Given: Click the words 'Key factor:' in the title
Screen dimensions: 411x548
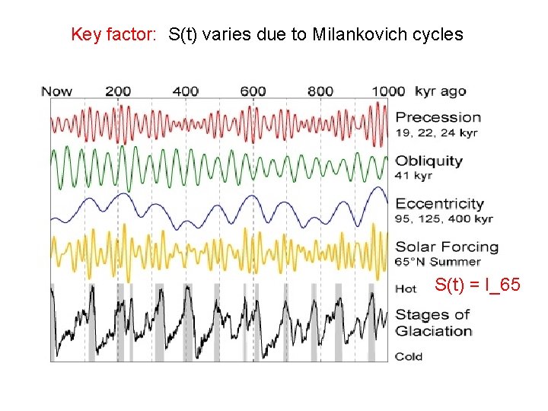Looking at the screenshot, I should pos(113,34).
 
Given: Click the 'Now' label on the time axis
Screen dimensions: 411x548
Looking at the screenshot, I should pos(56,91).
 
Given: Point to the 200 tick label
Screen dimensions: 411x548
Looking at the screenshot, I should pos(118,91).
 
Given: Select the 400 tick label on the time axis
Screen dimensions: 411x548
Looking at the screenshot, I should pos(186,91).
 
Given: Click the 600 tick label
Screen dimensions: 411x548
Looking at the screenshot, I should pos(253,91).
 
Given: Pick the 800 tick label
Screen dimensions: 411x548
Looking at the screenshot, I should pos(320,91).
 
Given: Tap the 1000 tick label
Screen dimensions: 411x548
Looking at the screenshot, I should pos(388,91).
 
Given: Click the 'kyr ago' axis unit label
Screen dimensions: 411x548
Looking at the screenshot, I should pos(441,92).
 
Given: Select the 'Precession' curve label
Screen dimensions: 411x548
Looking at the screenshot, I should pos(438,117).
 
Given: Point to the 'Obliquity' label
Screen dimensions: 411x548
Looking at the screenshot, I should pos(429,161).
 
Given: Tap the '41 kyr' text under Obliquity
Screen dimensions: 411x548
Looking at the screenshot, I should pos(413,176).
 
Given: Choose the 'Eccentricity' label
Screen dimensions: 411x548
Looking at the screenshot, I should pos(440,203).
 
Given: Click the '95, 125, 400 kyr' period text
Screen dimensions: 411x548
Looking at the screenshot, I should pos(444,218).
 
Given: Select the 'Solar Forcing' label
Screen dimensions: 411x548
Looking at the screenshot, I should pos(447,247).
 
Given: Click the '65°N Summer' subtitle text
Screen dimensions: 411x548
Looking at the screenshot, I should pos(438,262).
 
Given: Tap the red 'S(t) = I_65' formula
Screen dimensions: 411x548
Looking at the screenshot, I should pos(478,285).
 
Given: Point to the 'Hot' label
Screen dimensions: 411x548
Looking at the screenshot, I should pos(406,289).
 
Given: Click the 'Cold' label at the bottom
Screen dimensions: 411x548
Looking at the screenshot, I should pos(409,356).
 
